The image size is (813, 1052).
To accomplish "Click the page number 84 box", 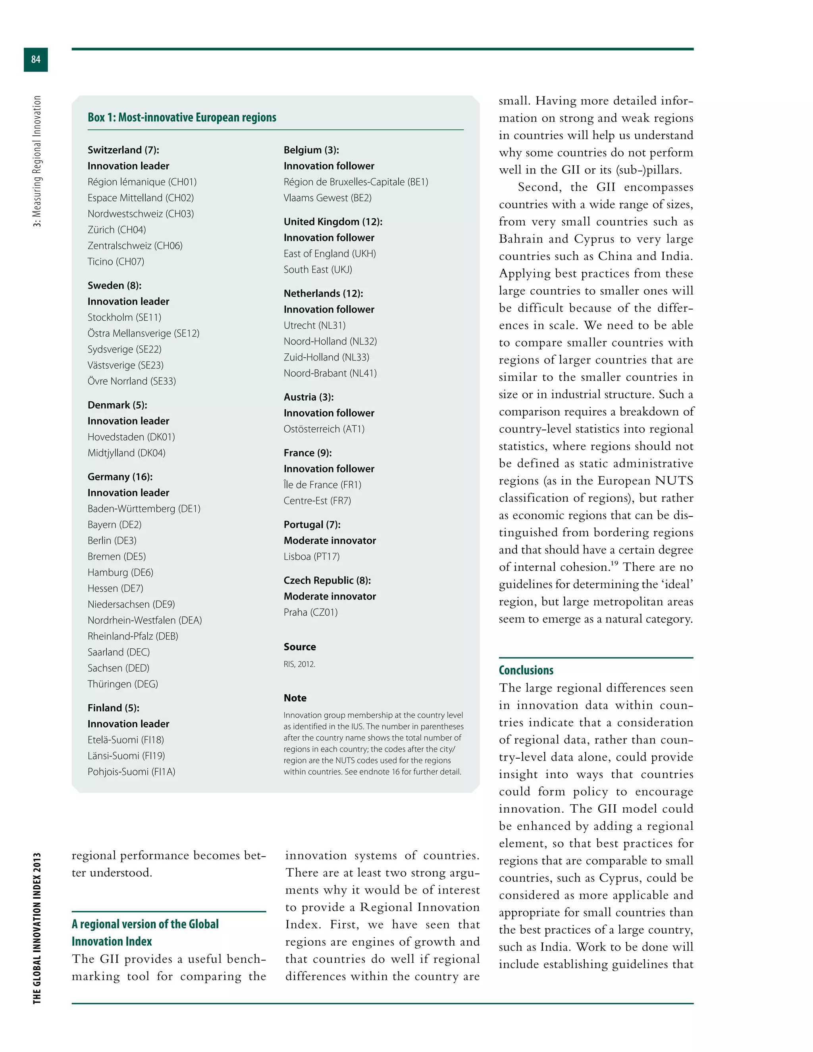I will [36, 59].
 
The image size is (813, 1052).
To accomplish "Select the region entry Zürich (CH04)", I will [117, 230].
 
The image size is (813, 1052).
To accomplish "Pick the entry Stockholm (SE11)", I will [124, 318].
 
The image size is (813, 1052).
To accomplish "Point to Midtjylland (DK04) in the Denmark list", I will [126, 453].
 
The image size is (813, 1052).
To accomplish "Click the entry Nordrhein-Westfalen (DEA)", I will [144, 620].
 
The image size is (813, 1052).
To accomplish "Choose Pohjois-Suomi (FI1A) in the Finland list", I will [131, 772].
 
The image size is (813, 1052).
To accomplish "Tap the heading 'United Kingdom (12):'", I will [333, 222].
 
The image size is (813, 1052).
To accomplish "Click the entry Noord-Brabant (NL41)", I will [330, 373].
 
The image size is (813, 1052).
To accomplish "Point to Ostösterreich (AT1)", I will [324, 429].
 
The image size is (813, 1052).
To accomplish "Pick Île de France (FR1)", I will [322, 485].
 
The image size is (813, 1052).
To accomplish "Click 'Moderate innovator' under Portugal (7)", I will [329, 540].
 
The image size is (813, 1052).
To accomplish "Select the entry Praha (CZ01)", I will [311, 612].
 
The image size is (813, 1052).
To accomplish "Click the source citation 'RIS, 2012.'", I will [299, 664].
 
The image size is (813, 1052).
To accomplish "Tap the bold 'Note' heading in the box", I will [295, 698].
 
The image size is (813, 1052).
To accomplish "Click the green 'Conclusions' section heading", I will [526, 670].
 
